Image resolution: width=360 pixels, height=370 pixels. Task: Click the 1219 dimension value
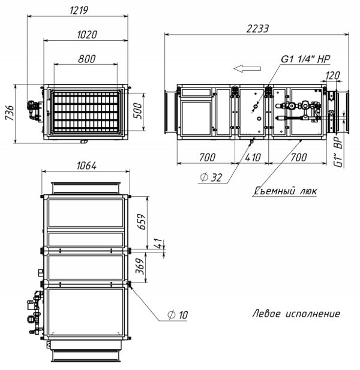pos(79,10)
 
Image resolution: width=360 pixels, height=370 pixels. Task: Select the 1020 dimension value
pos(87,35)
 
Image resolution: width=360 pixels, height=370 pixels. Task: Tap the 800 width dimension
pos(86,59)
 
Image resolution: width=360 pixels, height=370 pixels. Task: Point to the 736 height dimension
pos(10,113)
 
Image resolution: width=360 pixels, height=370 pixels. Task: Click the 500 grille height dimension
pos(137,111)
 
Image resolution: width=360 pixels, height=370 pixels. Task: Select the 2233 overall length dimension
pos(257,29)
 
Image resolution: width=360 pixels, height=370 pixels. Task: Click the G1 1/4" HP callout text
pos(305,59)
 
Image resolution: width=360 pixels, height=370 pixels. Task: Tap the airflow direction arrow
pos(247,69)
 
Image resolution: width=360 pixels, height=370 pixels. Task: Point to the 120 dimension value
pos(332,76)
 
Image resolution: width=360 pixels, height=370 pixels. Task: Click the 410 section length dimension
pos(253,157)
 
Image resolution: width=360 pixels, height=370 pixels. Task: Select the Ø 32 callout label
pos(211,178)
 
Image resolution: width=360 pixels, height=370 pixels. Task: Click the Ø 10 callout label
pos(178,315)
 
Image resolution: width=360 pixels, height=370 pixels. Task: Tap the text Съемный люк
pos(286,191)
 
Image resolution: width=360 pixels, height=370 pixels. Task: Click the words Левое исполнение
pos(296,314)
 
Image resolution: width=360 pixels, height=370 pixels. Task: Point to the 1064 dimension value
pos(86,166)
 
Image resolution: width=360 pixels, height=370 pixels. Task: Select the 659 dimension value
pos(142,221)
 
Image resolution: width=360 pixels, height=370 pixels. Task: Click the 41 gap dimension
pos(160,243)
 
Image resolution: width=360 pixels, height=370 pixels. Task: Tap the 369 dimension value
pos(140,266)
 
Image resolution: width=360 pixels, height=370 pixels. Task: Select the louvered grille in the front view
pos(86,112)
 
